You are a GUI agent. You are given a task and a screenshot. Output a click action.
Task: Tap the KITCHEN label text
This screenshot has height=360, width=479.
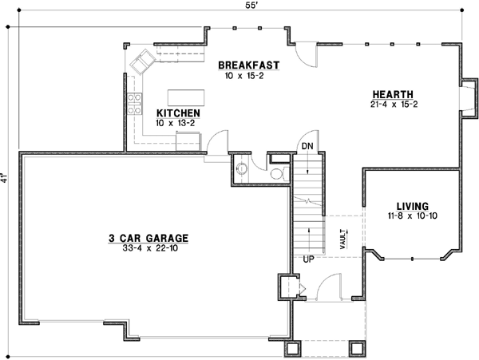pos(178,113)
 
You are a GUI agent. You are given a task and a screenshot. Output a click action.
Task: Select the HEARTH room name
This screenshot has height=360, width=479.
pos(390,93)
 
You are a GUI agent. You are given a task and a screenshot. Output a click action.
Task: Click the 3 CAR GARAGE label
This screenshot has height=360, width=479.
pos(148,237)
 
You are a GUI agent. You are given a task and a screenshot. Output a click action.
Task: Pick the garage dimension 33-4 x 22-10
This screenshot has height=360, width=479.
pos(148,247)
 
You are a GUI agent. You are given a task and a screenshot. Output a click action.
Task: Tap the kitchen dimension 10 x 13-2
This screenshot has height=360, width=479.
pos(178,124)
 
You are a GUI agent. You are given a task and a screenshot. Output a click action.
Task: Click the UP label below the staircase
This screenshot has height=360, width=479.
pos(307,259)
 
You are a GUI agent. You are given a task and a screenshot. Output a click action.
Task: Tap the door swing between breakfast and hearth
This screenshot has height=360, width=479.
pos(303,54)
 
